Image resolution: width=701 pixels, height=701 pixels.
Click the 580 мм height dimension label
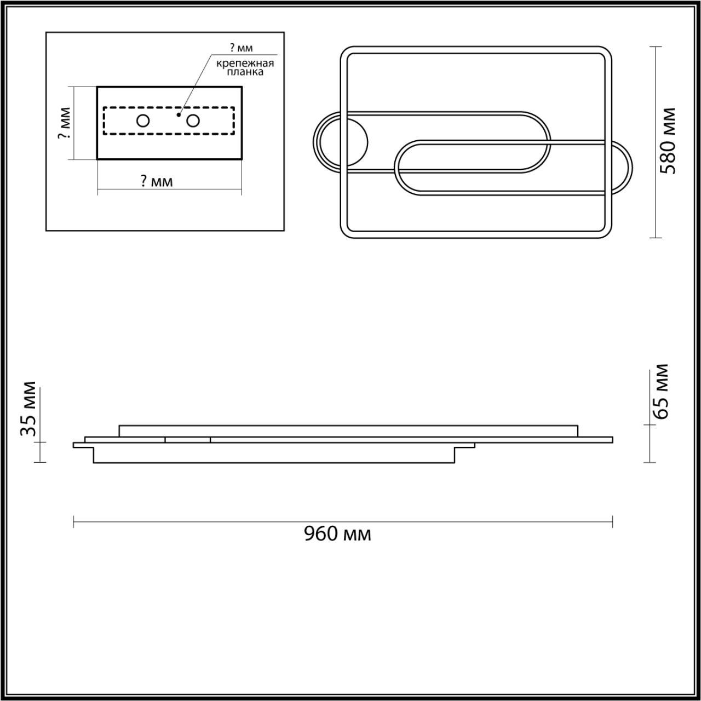coord(668,141)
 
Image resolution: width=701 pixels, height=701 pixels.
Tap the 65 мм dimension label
coord(662,391)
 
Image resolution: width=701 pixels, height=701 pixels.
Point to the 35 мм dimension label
coord(28,409)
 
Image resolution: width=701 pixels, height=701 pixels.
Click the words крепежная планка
coord(245,67)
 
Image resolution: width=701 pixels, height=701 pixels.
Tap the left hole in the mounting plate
coord(143,121)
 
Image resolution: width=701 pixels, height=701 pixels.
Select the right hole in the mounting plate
coord(192,120)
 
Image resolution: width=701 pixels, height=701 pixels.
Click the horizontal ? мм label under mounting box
coord(157,181)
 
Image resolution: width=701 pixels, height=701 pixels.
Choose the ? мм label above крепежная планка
coord(242,48)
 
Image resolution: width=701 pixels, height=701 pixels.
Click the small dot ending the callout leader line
coord(179,116)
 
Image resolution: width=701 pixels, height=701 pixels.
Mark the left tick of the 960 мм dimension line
coord(74,521)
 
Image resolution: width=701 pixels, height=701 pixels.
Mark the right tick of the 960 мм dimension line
coord(612,521)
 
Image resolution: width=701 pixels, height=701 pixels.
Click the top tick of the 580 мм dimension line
coord(656,47)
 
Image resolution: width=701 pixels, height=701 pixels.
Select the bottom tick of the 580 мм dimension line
coord(656,238)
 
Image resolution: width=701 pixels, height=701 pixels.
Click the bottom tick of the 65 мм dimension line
coord(650,463)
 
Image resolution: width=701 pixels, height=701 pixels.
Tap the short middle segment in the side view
coord(187,440)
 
